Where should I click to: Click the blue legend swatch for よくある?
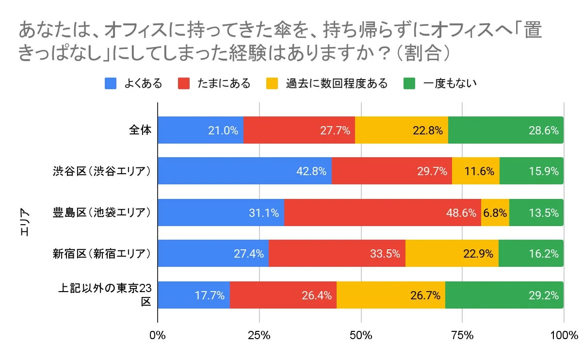(x=111, y=83)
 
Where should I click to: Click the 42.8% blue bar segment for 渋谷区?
(x=244, y=171)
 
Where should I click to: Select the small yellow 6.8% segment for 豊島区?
(x=495, y=213)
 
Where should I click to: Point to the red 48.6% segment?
(x=382, y=213)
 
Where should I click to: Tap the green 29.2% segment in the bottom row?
(x=504, y=295)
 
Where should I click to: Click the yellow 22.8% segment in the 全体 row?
(x=401, y=130)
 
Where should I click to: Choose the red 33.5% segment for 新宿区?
(x=337, y=253)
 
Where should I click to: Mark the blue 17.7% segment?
(x=194, y=295)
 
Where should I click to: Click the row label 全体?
(x=141, y=130)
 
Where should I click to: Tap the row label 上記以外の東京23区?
(x=105, y=295)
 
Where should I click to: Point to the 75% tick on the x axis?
(x=462, y=335)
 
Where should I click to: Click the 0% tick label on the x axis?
(x=158, y=335)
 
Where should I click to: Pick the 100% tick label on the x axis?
(x=564, y=335)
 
